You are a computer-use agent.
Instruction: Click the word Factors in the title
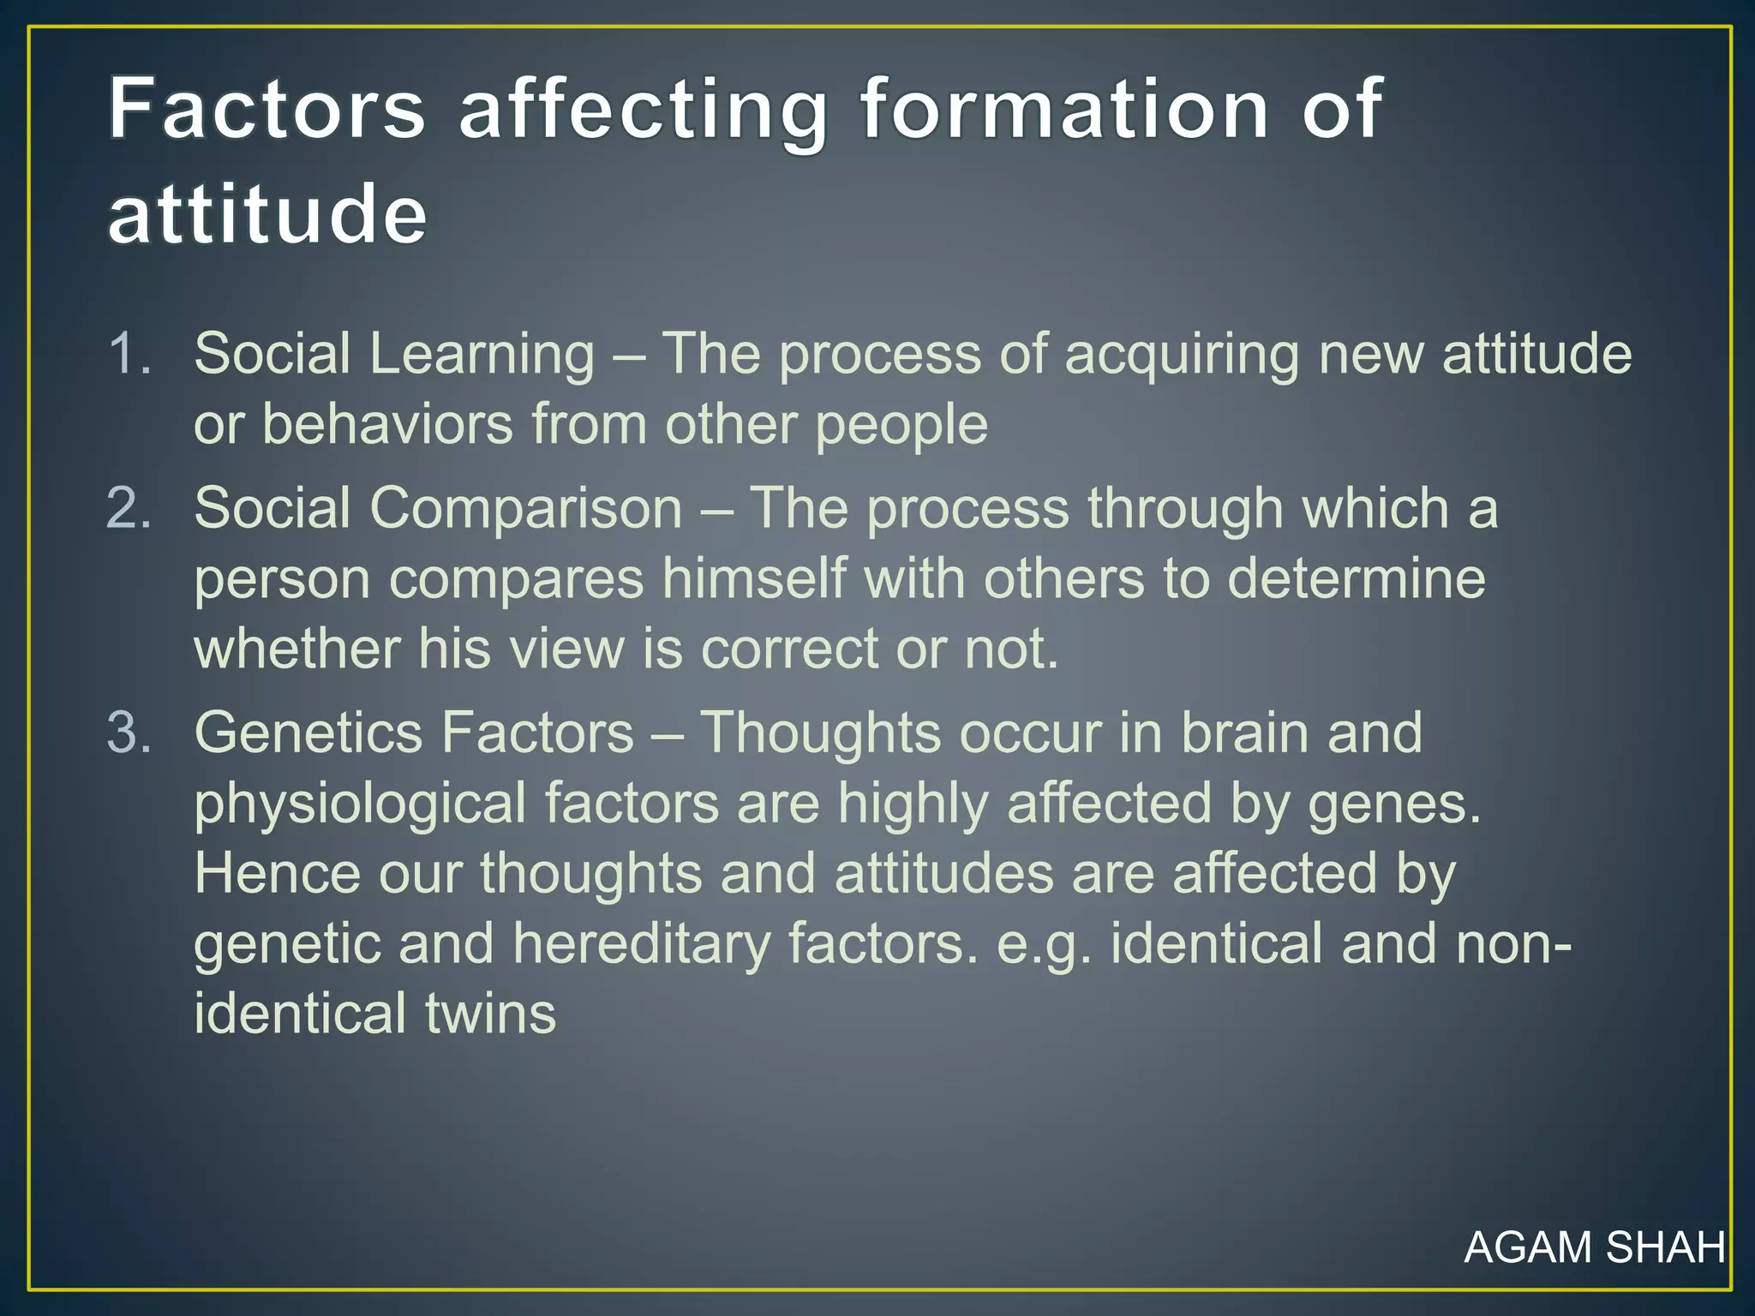point(267,109)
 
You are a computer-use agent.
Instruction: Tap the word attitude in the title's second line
point(267,213)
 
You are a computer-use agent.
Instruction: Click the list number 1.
point(129,353)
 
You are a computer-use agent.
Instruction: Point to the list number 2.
point(129,508)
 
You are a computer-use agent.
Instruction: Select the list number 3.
point(129,733)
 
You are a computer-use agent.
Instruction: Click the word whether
point(296,649)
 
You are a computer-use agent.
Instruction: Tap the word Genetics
point(308,733)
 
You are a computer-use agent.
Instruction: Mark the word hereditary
point(642,945)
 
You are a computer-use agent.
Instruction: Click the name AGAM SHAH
point(1594,1247)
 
